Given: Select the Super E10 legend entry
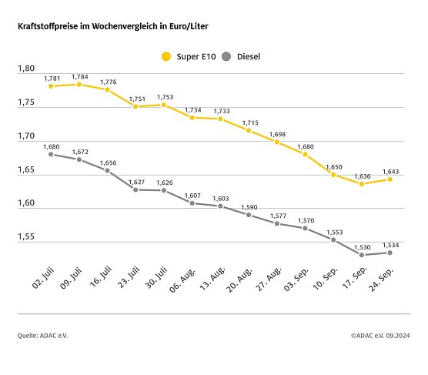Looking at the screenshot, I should click(x=189, y=56).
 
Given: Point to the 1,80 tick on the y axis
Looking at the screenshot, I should click(x=26, y=69).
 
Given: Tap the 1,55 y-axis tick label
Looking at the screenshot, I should click(x=26, y=237).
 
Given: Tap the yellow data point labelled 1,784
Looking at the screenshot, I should click(x=79, y=84).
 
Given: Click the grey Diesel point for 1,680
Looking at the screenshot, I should click(x=51, y=154).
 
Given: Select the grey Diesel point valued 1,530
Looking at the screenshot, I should click(x=361, y=255).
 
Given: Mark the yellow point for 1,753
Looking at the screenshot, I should click(x=164, y=105).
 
